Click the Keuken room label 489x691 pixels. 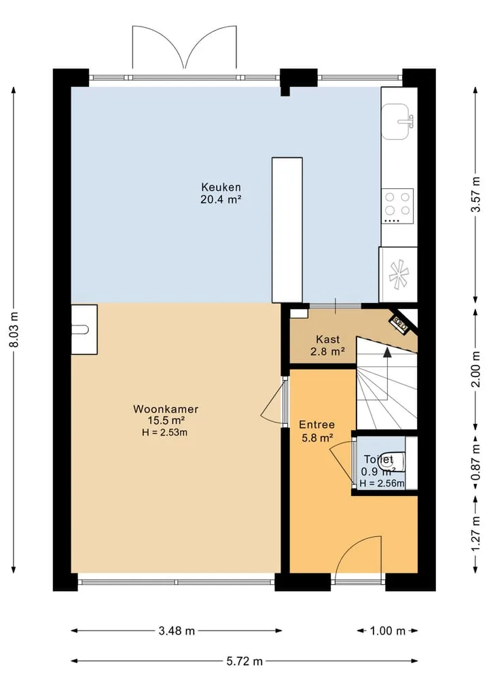point(221,187)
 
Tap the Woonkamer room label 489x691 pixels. point(166,409)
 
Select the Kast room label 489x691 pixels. point(328,339)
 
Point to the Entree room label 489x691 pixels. point(316,425)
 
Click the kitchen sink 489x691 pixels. point(398,122)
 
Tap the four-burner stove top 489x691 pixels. point(397,207)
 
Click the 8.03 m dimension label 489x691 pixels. point(14,330)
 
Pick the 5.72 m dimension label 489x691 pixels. point(244,661)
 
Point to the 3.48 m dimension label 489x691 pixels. point(177,631)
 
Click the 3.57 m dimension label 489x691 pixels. point(475,194)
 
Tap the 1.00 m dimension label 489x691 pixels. point(387,631)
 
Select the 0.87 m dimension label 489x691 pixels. point(475,462)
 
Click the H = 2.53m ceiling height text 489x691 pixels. point(165,432)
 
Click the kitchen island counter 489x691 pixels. point(287,230)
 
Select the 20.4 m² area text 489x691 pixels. point(221,199)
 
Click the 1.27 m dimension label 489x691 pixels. point(475,533)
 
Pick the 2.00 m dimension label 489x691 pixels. point(475,369)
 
